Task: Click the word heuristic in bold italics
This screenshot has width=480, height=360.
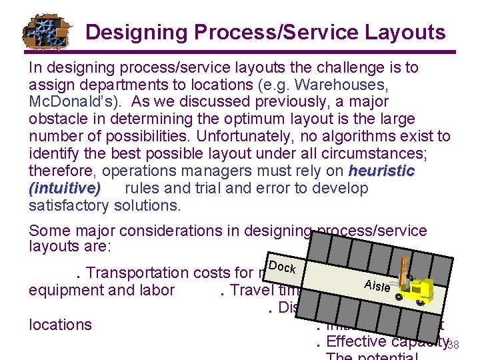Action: click(x=382, y=171)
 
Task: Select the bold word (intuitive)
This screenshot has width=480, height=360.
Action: click(x=65, y=188)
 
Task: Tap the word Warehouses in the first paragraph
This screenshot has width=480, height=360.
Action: click(x=345, y=84)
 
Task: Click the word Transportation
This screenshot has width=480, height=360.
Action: click(x=137, y=273)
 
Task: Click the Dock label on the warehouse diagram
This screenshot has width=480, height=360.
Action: click(x=283, y=267)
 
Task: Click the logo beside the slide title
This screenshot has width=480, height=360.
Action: click(x=45, y=31)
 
